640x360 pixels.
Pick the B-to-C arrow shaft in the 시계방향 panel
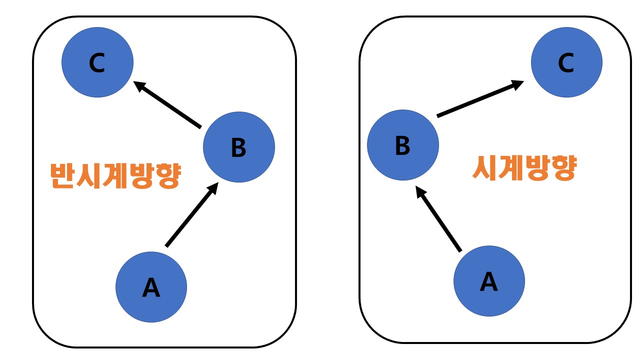475,102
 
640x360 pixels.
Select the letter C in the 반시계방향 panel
97,63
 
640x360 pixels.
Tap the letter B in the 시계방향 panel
402,146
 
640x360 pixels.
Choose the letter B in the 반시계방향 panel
239,147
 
